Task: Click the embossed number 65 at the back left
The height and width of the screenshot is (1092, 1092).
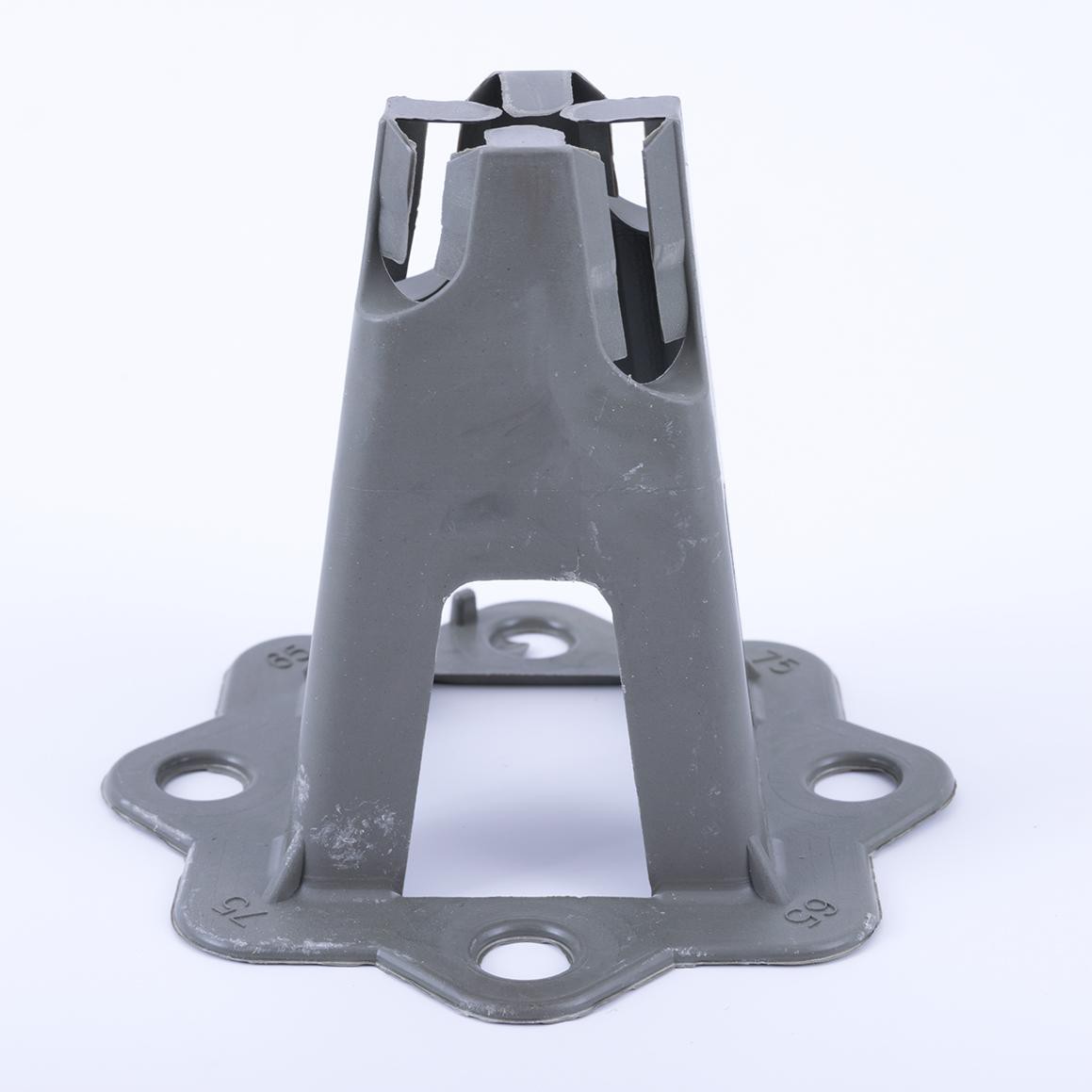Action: pyautogui.click(x=281, y=657)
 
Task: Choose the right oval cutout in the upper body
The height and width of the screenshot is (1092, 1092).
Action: pyautogui.click(x=660, y=311)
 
